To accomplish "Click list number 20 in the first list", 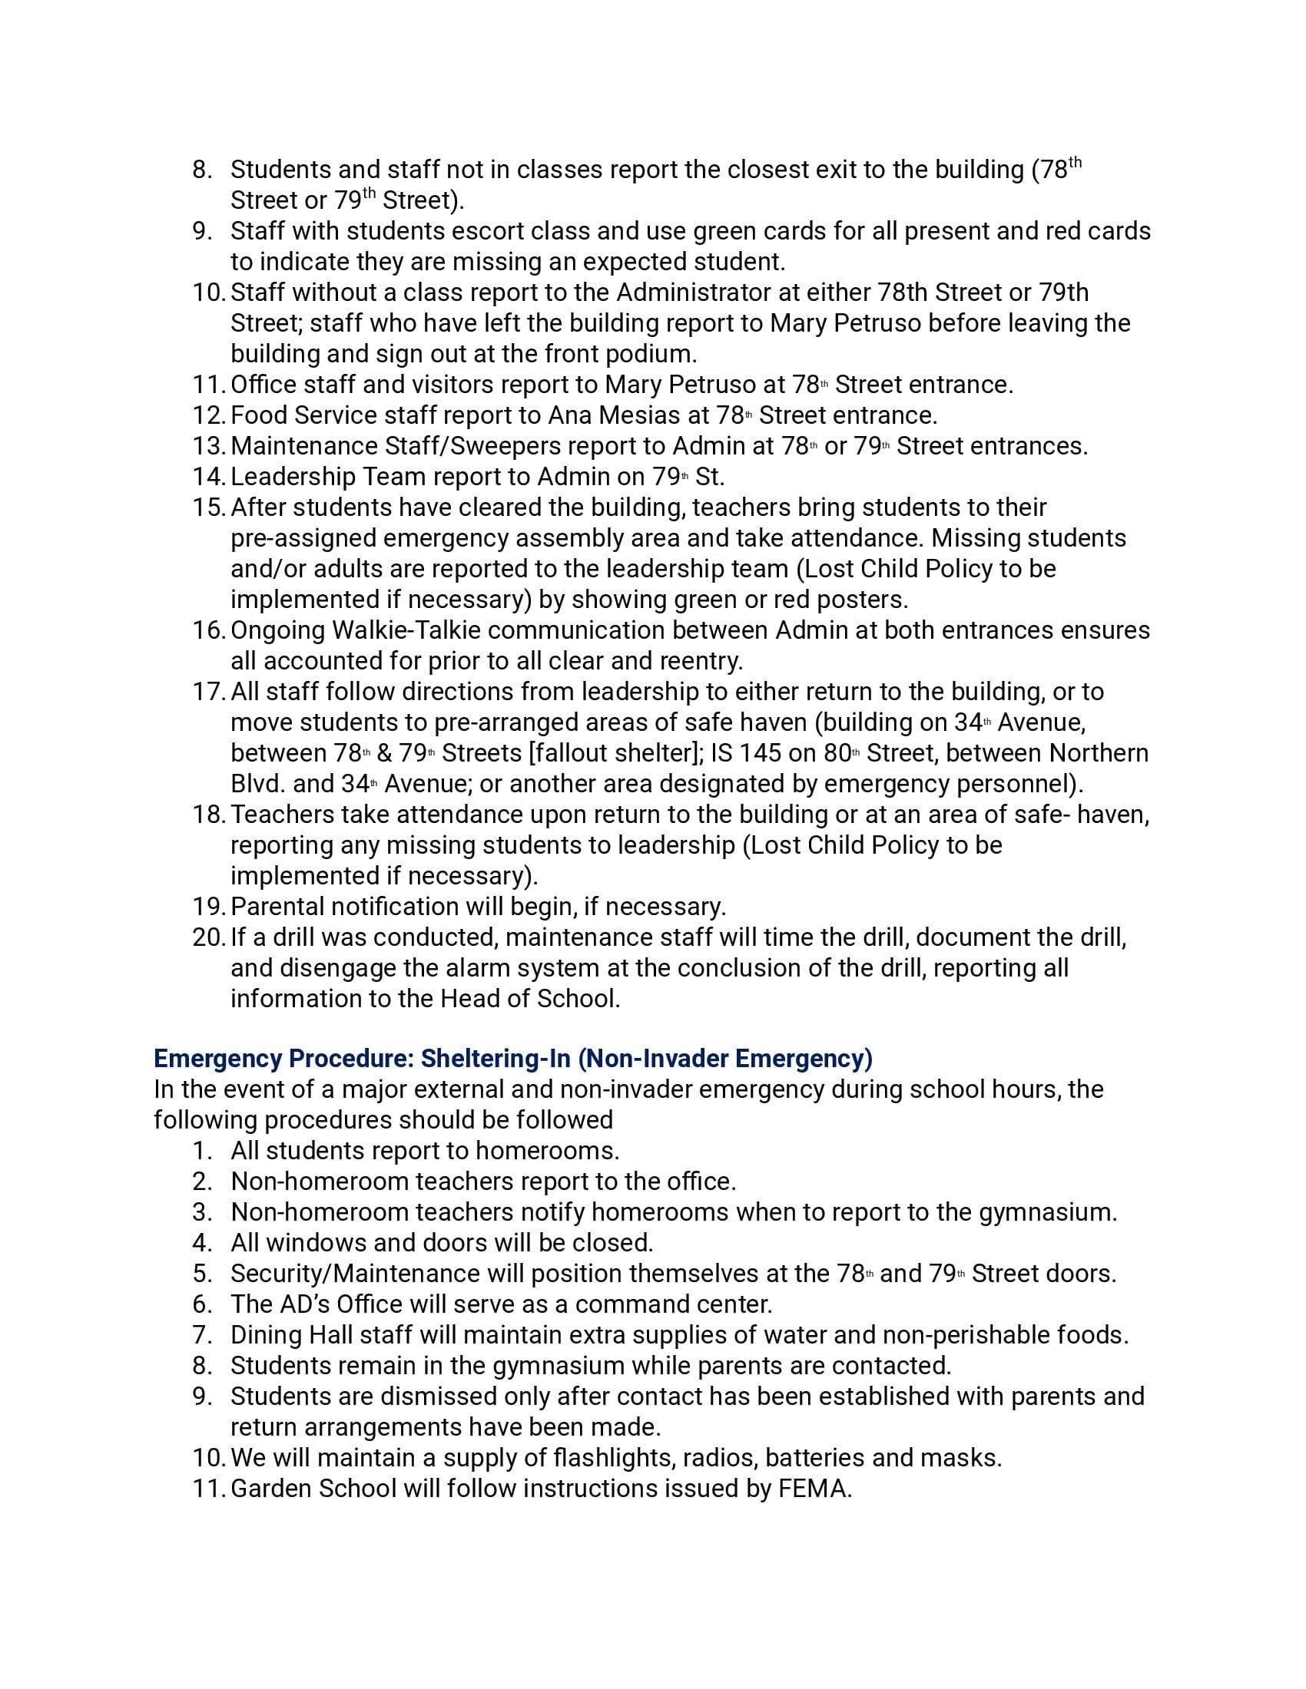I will [208, 937].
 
